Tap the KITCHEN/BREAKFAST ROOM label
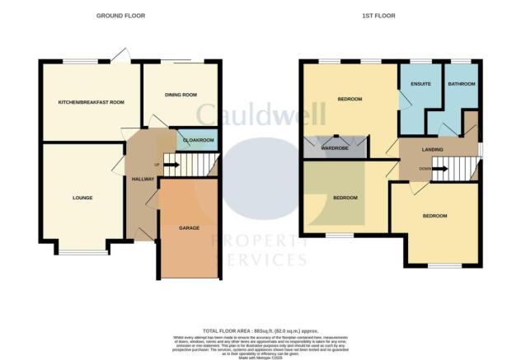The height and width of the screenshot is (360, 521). tap(91, 103)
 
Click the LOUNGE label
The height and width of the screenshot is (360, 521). tap(82, 198)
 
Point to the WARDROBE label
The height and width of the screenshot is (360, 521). tap(333, 149)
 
